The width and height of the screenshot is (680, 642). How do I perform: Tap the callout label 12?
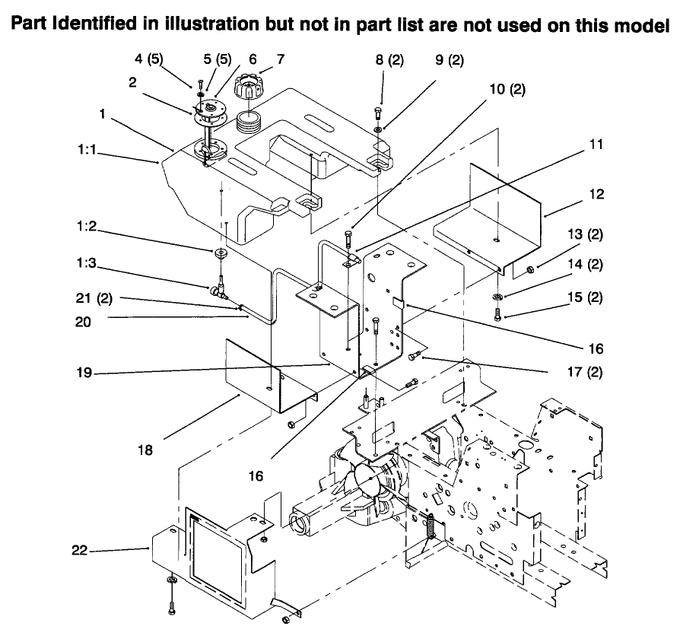coord(597,195)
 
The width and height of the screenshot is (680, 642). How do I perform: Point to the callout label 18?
coord(145,450)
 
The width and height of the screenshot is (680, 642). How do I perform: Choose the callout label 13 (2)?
coord(588,236)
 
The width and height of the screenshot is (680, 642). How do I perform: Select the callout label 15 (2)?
coord(588,297)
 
